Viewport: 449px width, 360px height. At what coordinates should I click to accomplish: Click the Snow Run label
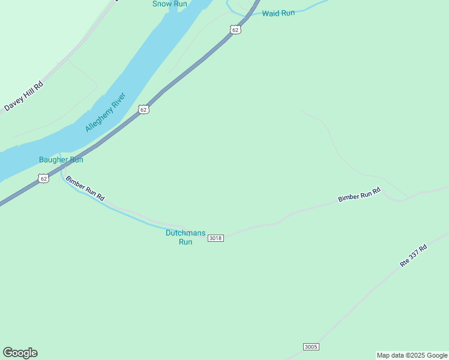[170, 4]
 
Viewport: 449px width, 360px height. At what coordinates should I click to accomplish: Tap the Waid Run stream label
[279, 13]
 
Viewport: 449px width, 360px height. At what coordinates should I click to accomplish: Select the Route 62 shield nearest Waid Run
[235, 29]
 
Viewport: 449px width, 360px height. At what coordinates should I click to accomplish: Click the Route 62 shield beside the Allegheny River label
[143, 109]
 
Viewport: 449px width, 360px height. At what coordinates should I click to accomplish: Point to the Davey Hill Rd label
[24, 96]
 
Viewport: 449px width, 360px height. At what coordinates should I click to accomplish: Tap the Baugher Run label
[61, 160]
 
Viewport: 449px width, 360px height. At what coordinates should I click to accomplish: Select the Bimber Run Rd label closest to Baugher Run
[85, 188]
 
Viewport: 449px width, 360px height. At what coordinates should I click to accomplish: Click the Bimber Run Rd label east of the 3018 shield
[360, 194]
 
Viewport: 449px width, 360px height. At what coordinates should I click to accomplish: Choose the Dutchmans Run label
[185, 237]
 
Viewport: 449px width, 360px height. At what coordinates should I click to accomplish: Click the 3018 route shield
[215, 238]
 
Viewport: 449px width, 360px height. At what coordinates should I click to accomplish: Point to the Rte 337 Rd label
[414, 255]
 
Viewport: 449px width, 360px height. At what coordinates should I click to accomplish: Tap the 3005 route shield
[311, 347]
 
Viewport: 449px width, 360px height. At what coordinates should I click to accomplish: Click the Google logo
[20, 353]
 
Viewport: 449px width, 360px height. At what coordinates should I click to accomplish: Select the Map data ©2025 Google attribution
[412, 355]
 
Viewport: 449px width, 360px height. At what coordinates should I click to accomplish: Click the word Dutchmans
[185, 233]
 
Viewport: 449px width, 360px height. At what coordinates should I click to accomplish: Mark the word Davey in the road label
[13, 104]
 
